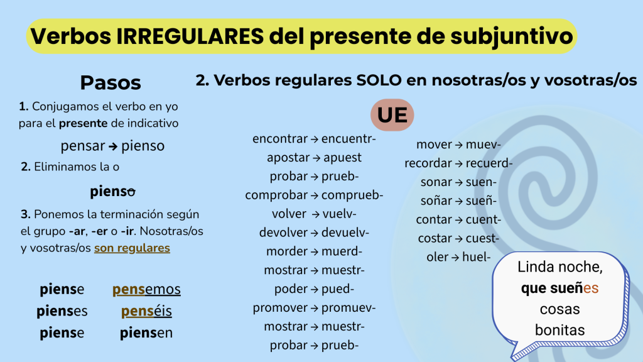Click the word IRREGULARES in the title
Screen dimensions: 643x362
click(x=190, y=36)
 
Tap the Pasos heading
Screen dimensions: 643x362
click(x=111, y=82)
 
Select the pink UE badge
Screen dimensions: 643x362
click(x=392, y=115)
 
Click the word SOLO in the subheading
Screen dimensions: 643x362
click(x=379, y=80)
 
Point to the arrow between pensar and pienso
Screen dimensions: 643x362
click(x=113, y=146)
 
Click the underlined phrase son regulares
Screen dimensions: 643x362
click(x=132, y=248)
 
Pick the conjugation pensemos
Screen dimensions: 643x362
click(x=146, y=289)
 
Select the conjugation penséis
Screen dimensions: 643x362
click(x=146, y=311)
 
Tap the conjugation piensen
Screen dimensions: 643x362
click(x=146, y=332)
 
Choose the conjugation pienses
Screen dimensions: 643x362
click(x=62, y=311)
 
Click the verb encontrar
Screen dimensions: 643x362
click(x=280, y=139)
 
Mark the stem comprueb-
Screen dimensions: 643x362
click(x=352, y=195)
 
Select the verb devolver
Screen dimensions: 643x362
click(x=283, y=233)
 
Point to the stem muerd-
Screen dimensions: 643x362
click(x=342, y=251)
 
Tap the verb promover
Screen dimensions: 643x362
click(x=280, y=308)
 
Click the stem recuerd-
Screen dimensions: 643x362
click(x=489, y=163)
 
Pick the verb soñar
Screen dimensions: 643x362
click(x=436, y=200)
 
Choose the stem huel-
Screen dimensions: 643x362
click(x=477, y=257)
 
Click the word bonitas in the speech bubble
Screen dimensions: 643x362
click(x=559, y=330)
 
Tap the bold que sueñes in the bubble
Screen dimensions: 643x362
click(x=559, y=288)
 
